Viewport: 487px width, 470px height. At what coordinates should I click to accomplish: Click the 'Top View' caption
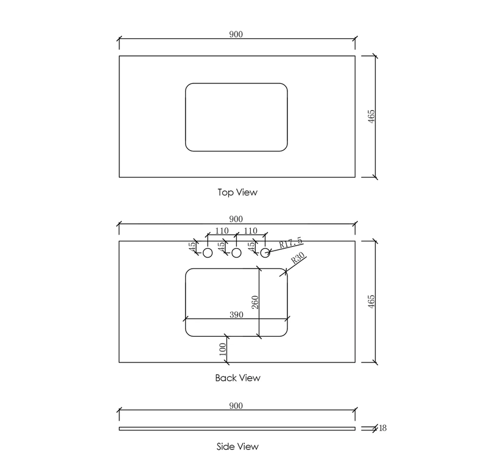point(237,192)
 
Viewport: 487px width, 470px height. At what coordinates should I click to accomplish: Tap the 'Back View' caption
point(237,378)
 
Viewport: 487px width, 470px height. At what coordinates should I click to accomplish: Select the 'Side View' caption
point(237,446)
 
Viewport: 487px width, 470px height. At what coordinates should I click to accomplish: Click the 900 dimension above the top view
point(236,34)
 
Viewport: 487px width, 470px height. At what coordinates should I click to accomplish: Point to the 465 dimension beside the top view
point(371,116)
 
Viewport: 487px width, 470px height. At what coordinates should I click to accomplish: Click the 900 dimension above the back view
point(236,219)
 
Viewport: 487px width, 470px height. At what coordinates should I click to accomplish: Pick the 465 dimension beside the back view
point(371,302)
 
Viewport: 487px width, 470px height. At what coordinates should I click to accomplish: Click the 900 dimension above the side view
point(236,406)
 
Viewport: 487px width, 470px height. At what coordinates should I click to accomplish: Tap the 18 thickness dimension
point(383,428)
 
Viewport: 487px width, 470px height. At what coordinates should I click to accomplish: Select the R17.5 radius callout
point(290,242)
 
